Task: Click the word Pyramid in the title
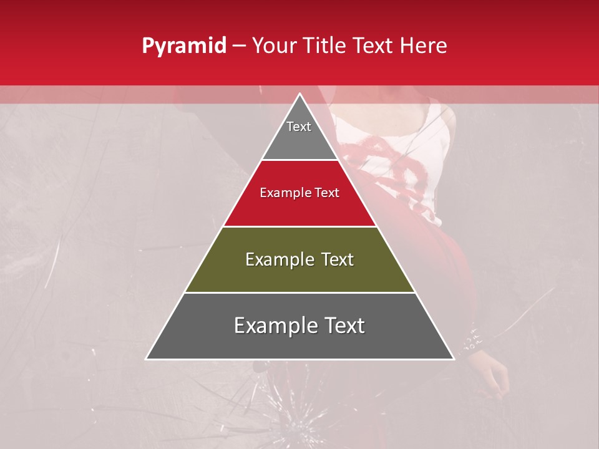point(183,46)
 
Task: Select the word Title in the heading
point(326,46)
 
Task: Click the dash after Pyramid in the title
point(239,47)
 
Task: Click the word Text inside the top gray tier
point(299,127)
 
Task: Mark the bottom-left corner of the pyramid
point(147,359)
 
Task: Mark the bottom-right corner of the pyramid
point(454,359)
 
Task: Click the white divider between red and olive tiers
point(300,226)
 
